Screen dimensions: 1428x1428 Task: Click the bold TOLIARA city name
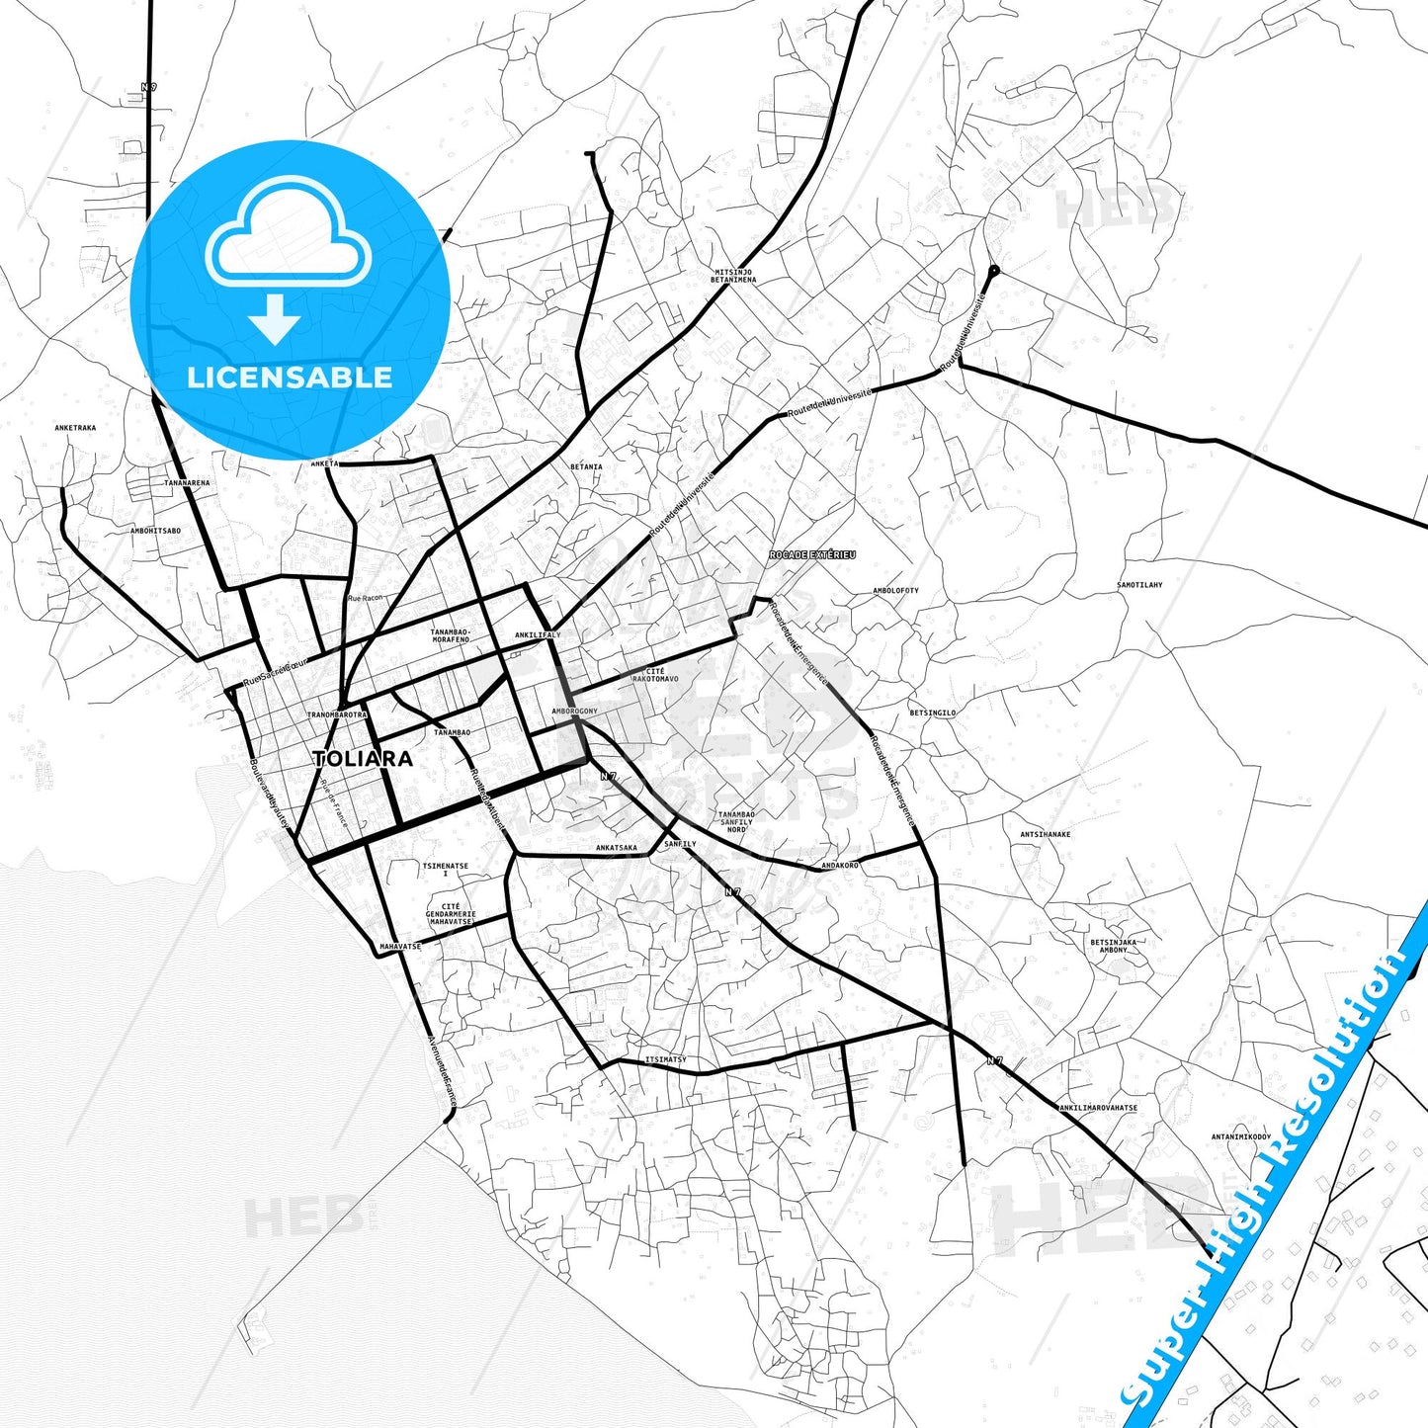click(363, 759)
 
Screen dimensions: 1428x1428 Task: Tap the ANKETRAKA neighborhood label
click(75, 428)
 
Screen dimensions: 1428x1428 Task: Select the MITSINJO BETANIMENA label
click(733, 276)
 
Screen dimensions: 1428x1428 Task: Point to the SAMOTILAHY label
click(1139, 585)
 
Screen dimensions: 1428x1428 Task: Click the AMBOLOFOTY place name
click(895, 591)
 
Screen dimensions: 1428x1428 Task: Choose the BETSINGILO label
click(932, 713)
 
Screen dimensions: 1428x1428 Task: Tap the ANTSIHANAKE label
click(1045, 834)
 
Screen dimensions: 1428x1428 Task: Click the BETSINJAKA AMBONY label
click(1113, 946)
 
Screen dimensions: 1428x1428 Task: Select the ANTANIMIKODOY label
click(1241, 1136)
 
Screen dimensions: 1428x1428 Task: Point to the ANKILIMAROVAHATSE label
click(1098, 1108)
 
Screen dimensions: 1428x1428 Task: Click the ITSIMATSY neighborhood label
click(665, 1059)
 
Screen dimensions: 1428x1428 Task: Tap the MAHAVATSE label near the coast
click(400, 947)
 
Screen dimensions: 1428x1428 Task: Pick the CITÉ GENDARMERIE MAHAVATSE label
click(452, 914)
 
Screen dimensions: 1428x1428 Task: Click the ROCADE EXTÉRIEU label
click(812, 555)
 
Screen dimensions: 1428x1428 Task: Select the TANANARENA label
click(187, 483)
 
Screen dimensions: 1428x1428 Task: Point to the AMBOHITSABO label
click(155, 531)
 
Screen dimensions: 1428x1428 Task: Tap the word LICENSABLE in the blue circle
click(290, 378)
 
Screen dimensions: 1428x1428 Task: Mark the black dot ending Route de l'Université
click(994, 270)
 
